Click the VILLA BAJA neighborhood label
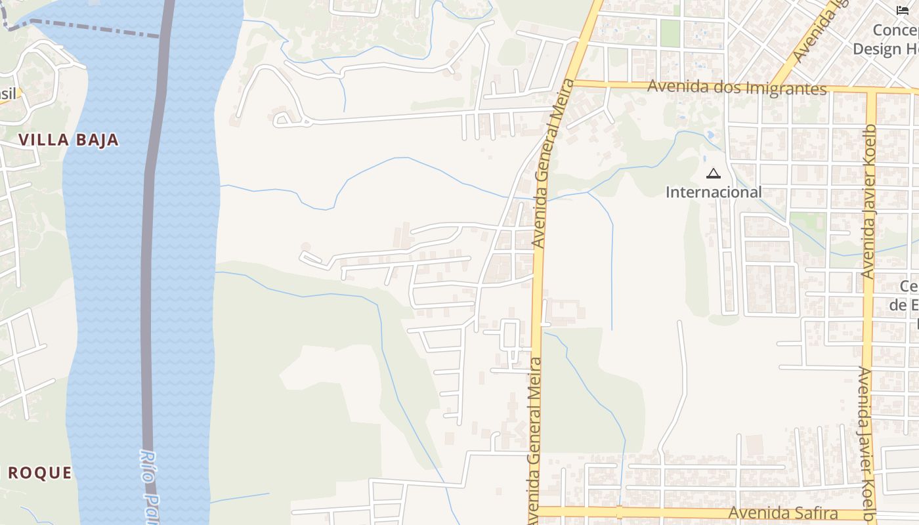69,140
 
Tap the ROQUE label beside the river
39,472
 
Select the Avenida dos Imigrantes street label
737,87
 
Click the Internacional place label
714,192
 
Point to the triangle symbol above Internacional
714,174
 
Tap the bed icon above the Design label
903,10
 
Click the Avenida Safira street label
783,513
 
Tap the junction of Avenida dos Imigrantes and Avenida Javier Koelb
872,91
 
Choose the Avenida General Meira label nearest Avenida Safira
534,440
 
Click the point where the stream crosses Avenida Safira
619,511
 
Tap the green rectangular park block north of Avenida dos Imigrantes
670,33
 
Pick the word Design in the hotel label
878,49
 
